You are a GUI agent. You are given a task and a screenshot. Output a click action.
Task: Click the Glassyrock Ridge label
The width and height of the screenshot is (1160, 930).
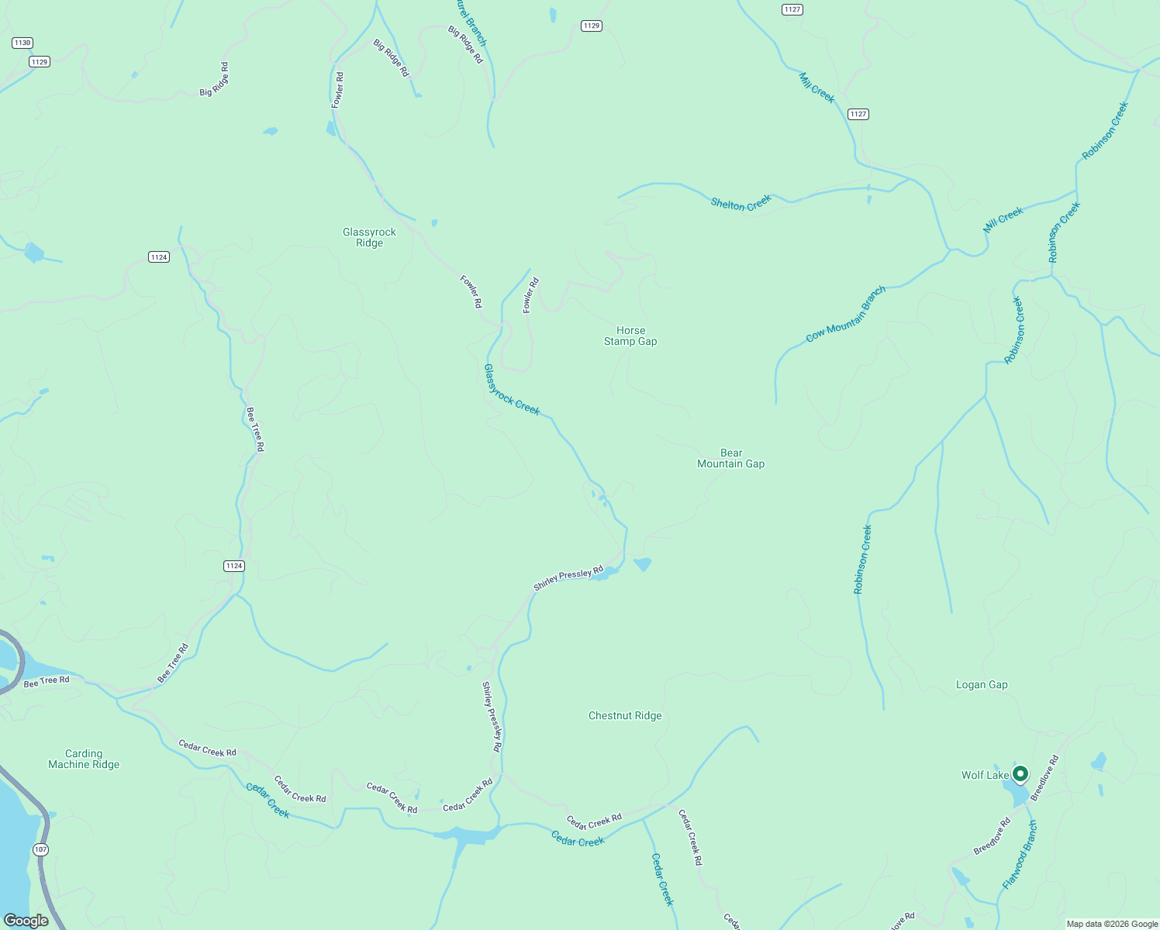click(x=369, y=237)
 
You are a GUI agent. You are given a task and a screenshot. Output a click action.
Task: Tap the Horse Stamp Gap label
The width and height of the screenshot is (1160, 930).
click(x=630, y=336)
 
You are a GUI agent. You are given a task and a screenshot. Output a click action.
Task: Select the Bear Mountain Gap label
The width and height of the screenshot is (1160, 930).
click(x=730, y=458)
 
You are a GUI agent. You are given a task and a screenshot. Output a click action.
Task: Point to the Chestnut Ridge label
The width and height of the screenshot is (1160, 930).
click(x=625, y=715)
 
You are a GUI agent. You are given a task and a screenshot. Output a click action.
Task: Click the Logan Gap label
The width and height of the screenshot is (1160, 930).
click(x=982, y=684)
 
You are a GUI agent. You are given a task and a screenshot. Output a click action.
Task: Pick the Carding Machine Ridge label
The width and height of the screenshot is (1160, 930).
click(x=84, y=759)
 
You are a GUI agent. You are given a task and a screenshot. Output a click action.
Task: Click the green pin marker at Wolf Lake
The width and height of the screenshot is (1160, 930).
click(x=1021, y=773)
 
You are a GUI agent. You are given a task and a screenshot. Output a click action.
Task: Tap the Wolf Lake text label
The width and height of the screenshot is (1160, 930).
click(x=985, y=775)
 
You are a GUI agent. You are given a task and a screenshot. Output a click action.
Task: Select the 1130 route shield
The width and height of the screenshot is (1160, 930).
click(x=22, y=43)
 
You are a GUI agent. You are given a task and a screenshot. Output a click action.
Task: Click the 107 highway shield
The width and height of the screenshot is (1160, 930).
click(x=41, y=849)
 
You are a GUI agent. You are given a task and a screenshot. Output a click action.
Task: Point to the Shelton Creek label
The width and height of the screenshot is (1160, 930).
click(x=741, y=203)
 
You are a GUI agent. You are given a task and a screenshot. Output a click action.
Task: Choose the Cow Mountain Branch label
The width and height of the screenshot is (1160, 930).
click(x=845, y=314)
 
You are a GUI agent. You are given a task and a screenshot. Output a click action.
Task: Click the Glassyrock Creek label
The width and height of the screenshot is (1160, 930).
click(x=512, y=390)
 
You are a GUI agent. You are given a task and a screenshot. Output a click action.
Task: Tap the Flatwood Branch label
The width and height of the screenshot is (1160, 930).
click(x=1019, y=854)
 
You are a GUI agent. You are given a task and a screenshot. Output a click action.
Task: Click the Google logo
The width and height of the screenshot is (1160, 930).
click(x=26, y=920)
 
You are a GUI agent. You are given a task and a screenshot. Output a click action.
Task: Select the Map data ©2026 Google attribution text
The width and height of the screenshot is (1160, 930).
click(x=1112, y=924)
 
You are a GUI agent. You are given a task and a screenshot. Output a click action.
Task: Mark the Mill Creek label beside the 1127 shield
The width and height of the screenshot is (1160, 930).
click(x=817, y=88)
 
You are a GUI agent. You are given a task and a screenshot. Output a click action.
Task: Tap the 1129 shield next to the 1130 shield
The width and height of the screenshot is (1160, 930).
click(x=40, y=61)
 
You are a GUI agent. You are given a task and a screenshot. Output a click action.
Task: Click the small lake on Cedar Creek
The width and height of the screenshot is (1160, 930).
click(x=468, y=835)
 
